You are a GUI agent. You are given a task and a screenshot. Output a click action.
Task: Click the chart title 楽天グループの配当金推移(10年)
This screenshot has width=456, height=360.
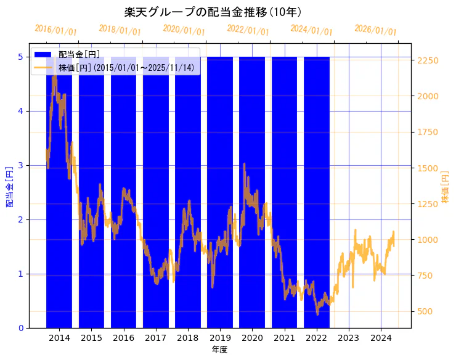pyautogui.click(x=213, y=12)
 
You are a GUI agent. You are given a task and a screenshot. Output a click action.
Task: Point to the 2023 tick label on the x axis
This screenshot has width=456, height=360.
pyautogui.click(x=348, y=338)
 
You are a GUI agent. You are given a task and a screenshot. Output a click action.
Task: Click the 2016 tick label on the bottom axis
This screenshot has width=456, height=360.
pyautogui.click(x=124, y=338)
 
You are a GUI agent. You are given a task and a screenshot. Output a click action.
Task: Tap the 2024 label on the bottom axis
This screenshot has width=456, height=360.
pyautogui.click(x=381, y=338)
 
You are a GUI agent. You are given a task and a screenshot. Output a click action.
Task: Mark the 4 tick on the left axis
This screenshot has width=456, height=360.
pyautogui.click(x=21, y=111)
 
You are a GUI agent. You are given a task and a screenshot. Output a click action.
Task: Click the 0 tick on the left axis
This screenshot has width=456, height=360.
pyautogui.click(x=21, y=328)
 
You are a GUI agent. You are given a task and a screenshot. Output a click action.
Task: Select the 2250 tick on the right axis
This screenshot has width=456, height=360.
pyautogui.click(x=428, y=60)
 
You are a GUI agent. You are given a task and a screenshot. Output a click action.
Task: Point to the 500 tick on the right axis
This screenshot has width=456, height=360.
pyautogui.click(x=425, y=311)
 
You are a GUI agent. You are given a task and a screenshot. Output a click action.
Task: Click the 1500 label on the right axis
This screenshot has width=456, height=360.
pyautogui.click(x=428, y=168)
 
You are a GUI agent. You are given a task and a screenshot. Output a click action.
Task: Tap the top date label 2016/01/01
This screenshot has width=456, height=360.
pyautogui.click(x=56, y=30)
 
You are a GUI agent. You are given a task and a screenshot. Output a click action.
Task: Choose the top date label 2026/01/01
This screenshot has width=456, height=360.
pyautogui.click(x=375, y=30)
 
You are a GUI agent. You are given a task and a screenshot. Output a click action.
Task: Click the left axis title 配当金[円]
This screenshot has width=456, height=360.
pyautogui.click(x=9, y=187)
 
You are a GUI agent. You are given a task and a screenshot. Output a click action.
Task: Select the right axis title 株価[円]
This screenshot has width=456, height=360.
pyautogui.click(x=446, y=187)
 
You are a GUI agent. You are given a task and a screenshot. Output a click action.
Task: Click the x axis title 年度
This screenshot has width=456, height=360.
pyautogui.click(x=220, y=350)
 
